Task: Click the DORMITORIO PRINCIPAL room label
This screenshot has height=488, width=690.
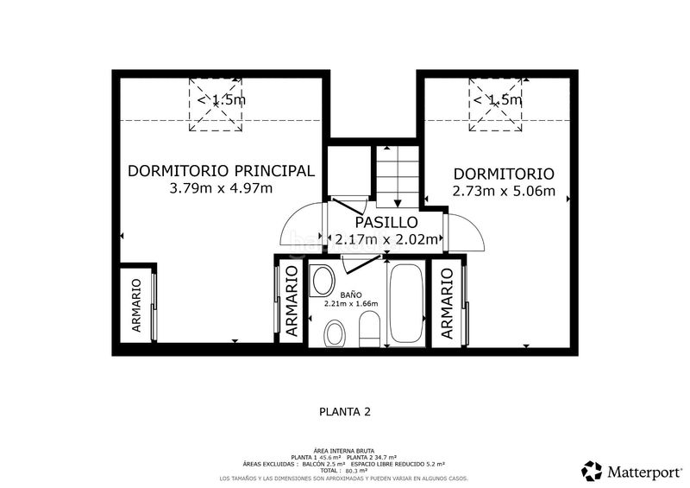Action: (221, 171)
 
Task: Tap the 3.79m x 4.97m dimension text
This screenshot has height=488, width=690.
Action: (222, 188)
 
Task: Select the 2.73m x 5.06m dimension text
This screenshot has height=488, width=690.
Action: (504, 192)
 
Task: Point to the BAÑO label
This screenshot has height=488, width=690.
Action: (350, 294)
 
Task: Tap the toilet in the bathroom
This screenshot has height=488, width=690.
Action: (368, 328)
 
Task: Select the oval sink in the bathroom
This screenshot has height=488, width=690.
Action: (323, 281)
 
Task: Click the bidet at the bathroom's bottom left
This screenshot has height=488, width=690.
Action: (335, 333)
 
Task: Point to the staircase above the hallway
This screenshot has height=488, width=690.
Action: (396, 177)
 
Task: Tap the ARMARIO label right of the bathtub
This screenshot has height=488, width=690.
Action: (447, 303)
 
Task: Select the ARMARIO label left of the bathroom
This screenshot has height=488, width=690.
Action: (292, 306)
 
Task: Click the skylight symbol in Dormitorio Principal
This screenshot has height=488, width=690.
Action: (216, 105)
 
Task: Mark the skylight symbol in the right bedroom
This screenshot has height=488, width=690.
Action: (495, 105)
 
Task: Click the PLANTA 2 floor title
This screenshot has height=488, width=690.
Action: (344, 412)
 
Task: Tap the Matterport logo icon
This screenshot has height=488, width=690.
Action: (592, 471)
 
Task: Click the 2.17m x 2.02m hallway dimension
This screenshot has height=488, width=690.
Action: (387, 240)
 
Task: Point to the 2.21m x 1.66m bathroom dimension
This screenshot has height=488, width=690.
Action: (351, 304)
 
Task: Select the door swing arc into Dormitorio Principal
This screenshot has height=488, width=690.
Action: (300, 227)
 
